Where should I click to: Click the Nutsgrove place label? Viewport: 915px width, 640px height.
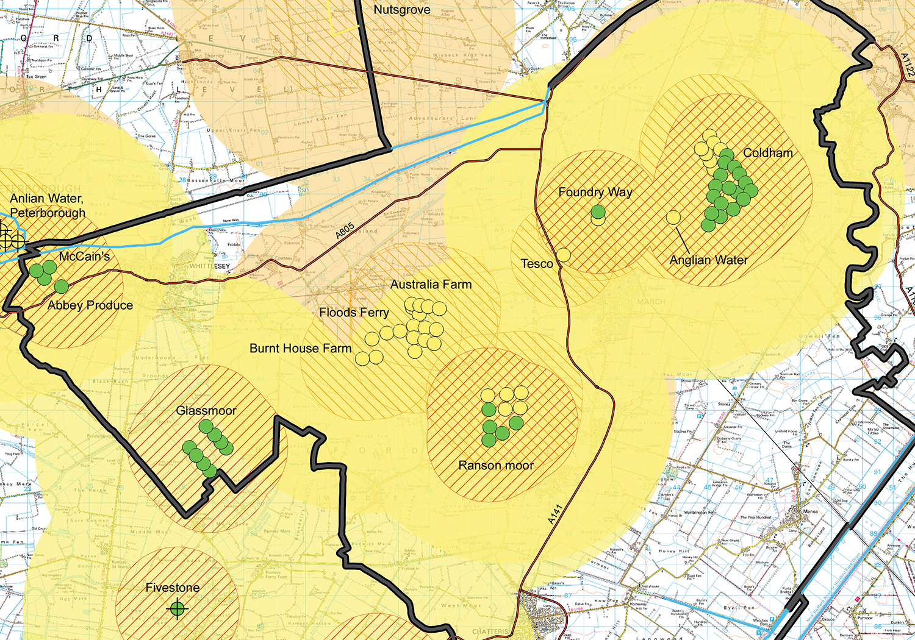tap(401, 10)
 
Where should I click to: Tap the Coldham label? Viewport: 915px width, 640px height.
tap(767, 153)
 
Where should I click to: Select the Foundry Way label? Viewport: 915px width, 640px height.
tap(595, 192)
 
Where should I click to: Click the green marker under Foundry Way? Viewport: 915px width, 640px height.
tap(598, 212)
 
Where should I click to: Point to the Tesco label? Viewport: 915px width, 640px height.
tap(537, 264)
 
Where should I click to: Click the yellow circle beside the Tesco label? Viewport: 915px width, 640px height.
tap(564, 255)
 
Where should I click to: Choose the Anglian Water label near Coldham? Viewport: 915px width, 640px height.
tap(708, 260)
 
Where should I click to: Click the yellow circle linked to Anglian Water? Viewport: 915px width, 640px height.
tap(673, 217)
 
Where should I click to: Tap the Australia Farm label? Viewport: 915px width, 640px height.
tap(431, 285)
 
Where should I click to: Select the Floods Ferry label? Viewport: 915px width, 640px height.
tap(354, 313)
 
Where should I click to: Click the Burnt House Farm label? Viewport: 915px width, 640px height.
tap(300, 349)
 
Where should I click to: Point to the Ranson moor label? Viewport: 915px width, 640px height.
tap(496, 466)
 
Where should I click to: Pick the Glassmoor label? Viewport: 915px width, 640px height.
tap(206, 411)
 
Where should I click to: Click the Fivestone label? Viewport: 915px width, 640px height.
tap(172, 588)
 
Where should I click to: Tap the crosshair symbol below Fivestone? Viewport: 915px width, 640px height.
tap(177, 608)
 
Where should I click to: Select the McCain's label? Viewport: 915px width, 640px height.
tap(84, 257)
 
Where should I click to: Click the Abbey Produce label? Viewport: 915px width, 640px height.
tap(90, 305)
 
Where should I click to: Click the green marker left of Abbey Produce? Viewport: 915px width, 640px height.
tap(61, 286)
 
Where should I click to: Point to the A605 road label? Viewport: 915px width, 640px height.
tap(345, 231)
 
